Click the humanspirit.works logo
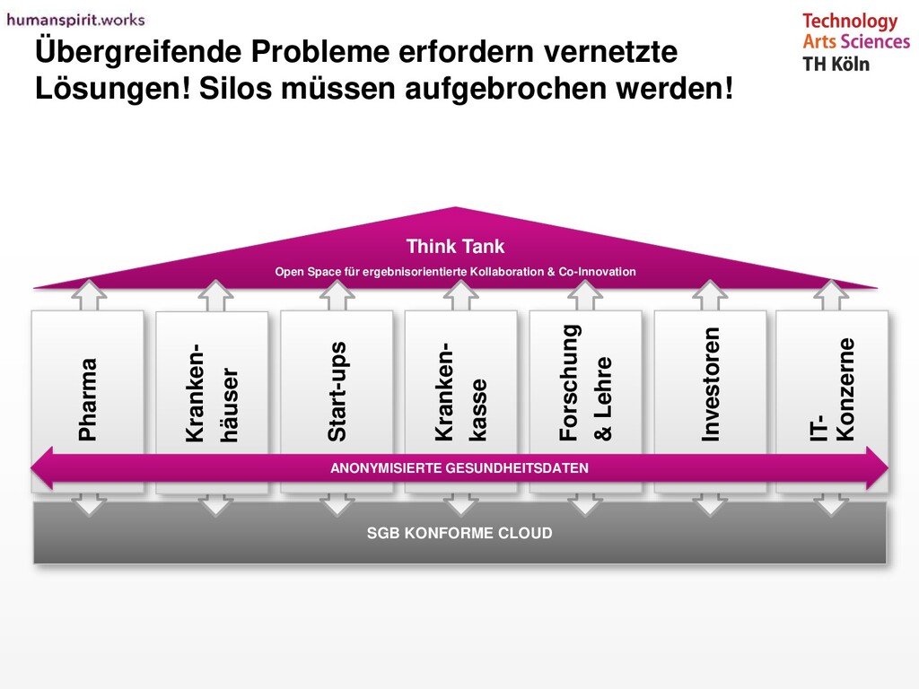75,19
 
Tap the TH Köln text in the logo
836,64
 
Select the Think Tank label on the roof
455,246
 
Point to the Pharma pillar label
87,399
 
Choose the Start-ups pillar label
337,391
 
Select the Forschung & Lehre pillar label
585,383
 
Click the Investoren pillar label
710,384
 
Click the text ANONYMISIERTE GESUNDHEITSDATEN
459,468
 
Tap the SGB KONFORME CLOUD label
459,533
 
